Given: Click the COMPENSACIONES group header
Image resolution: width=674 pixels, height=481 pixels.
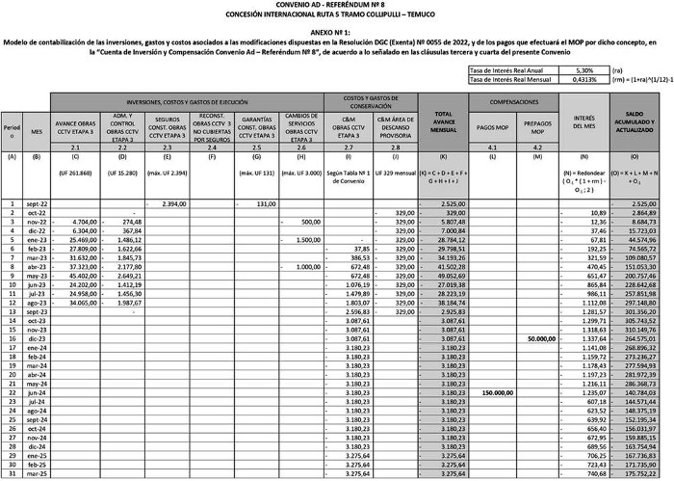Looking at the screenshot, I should pos(513,101).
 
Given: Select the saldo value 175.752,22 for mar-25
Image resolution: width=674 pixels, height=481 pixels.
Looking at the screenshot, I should pos(641,473).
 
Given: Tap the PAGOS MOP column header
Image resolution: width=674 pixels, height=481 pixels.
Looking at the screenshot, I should pos(492,126).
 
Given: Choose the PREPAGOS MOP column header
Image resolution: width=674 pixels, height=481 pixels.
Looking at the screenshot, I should pos(536,126).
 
